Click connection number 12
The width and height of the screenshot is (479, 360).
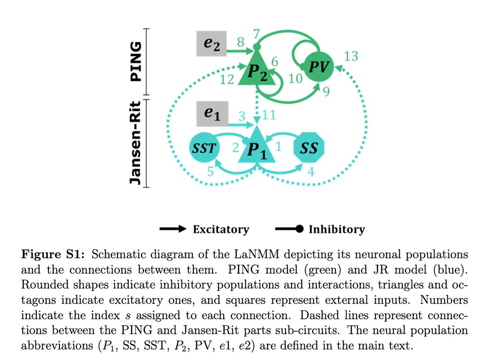(227, 80)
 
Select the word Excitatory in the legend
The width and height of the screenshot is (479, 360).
(221, 229)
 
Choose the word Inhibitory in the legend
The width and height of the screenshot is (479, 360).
(336, 229)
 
